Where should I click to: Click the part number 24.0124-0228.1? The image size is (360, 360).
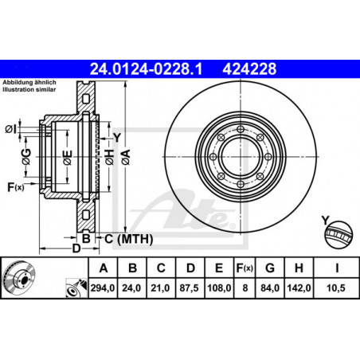147,68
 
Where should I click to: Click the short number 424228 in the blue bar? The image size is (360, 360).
249,68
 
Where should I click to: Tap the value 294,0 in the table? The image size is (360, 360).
103,288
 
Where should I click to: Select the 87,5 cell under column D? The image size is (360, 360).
189,288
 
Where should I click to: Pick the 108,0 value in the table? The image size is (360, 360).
219,288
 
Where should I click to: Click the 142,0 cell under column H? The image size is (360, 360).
299,288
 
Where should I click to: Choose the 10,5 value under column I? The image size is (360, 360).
336,288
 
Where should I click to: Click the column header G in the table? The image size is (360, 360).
270,268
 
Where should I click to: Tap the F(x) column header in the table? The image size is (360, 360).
245,268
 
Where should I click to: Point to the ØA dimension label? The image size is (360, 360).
126,157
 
